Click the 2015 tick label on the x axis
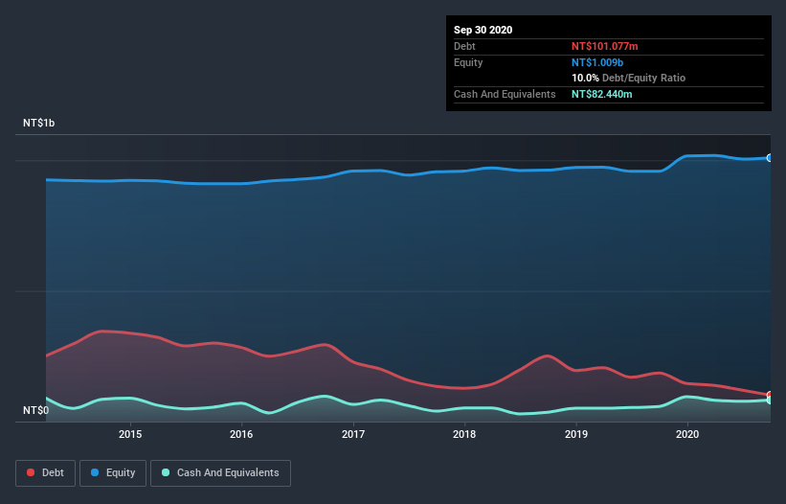(x=130, y=434)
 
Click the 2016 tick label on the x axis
(x=241, y=434)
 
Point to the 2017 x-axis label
(x=353, y=434)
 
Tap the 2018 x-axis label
(x=464, y=434)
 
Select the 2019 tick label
(x=576, y=434)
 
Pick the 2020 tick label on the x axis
(x=687, y=434)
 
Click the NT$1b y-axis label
(x=39, y=124)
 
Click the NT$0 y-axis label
(x=35, y=411)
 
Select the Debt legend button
(x=45, y=472)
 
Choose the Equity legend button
(x=113, y=472)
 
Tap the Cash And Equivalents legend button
(x=220, y=472)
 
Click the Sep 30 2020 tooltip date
(x=483, y=30)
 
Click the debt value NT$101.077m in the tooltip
(x=606, y=46)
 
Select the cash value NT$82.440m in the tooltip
(x=602, y=94)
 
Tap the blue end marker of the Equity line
(x=770, y=158)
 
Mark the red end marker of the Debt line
(x=770, y=395)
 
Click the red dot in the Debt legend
(x=32, y=472)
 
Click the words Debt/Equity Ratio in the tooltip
(x=643, y=78)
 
